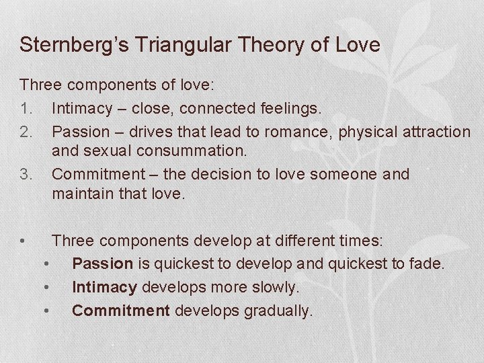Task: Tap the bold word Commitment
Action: [x=121, y=311]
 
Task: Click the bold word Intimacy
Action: [x=104, y=287]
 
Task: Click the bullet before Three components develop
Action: [x=24, y=240]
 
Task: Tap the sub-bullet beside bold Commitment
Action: [x=46, y=311]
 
